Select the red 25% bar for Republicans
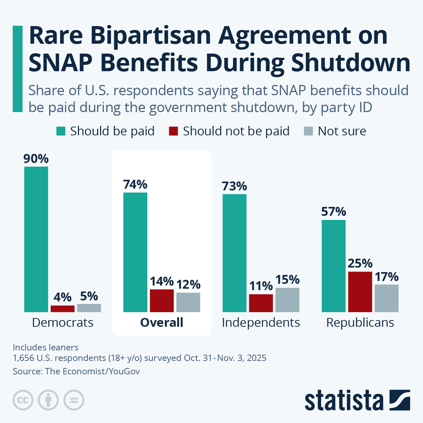coord(360,292)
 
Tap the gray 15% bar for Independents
coord(287,300)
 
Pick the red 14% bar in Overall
coord(162,300)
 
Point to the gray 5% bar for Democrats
coord(89,308)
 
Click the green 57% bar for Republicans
coord(333,266)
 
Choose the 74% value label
coord(135,184)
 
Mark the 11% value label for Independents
coord(261,286)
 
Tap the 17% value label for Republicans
coord(387,277)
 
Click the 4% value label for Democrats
coord(62,297)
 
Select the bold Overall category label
coord(162,323)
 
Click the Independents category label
coord(261,323)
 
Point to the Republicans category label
coord(360,323)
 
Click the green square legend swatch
coord(61,131)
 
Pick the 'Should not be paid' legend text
coord(236,131)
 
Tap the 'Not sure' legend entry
coord(342,131)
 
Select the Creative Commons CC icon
coord(23,400)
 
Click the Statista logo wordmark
coord(344,400)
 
